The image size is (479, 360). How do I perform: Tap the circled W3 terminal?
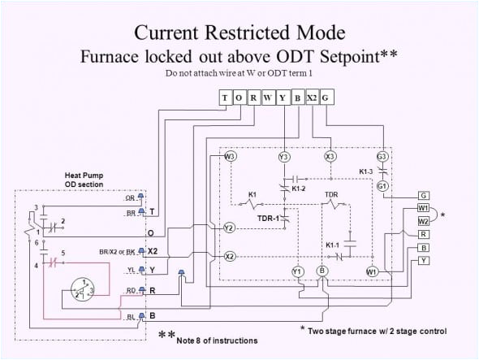230,156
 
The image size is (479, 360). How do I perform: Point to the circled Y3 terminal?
284,156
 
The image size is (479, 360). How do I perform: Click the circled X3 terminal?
330,156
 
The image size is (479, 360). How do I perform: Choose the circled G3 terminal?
383,156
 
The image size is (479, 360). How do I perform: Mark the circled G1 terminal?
383,185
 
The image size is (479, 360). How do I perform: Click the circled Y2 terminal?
230,228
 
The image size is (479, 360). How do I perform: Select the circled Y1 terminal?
297,271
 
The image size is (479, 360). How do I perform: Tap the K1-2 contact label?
297,189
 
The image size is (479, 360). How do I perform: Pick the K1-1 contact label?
333,245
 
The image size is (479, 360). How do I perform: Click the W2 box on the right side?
423,221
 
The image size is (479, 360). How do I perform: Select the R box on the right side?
423,234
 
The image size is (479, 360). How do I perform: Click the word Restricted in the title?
239,33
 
